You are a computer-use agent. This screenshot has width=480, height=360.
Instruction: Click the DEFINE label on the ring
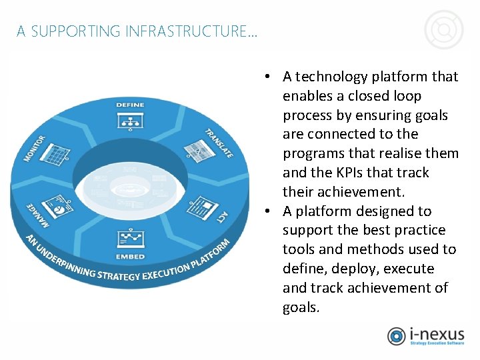130,105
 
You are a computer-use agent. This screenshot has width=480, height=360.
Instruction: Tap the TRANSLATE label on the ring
219,143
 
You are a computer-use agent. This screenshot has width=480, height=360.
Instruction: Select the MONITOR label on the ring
35,148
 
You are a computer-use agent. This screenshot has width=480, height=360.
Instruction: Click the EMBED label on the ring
130,256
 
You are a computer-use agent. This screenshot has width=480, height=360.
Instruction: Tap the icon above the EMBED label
130,238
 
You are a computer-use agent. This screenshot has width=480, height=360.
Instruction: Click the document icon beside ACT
200,206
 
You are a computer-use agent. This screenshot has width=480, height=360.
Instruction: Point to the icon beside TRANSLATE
194,150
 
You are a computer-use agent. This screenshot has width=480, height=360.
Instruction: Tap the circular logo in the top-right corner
444,30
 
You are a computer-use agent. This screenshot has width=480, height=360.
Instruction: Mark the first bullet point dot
266,77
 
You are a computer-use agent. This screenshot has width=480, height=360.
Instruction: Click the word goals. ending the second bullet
301,307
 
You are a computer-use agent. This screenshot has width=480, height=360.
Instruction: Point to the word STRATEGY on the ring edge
118,276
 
